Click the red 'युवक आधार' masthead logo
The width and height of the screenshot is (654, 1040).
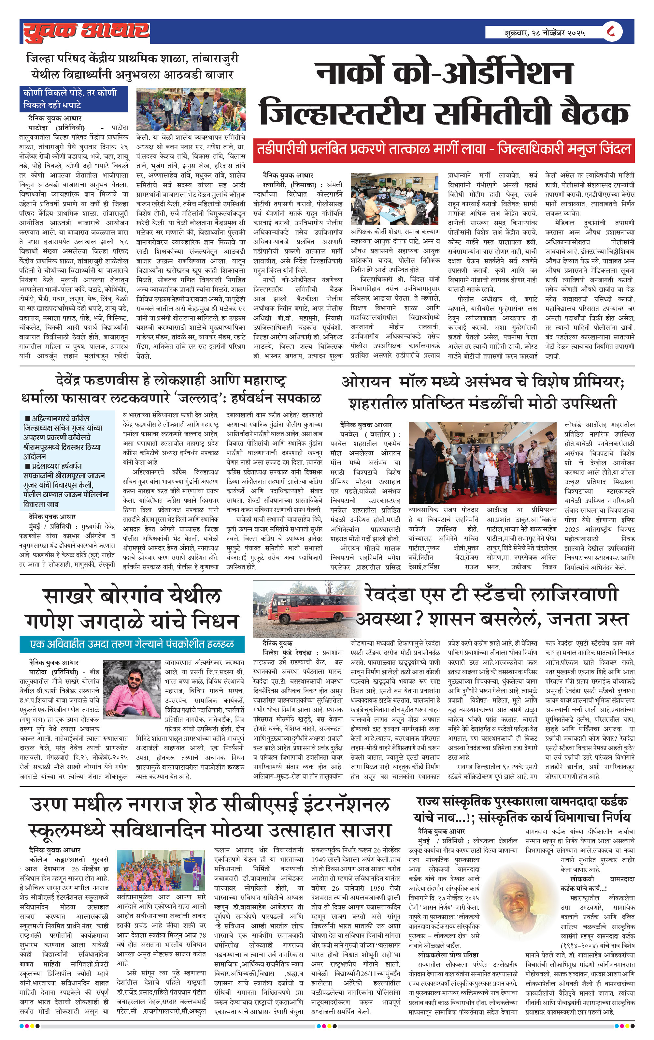coord(86,32)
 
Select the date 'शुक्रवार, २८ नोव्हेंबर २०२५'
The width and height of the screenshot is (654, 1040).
coord(545,32)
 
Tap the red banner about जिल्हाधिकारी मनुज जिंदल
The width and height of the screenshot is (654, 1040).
coord(444,150)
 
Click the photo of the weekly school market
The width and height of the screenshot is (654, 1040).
coord(191,109)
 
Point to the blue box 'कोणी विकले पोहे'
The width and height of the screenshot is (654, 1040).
coord(74,99)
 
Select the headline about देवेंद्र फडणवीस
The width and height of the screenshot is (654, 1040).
coord(171,389)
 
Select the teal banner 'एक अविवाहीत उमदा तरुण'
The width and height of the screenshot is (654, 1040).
coord(132,644)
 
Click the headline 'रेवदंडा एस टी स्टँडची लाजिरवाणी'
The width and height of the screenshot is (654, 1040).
coord(491,607)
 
